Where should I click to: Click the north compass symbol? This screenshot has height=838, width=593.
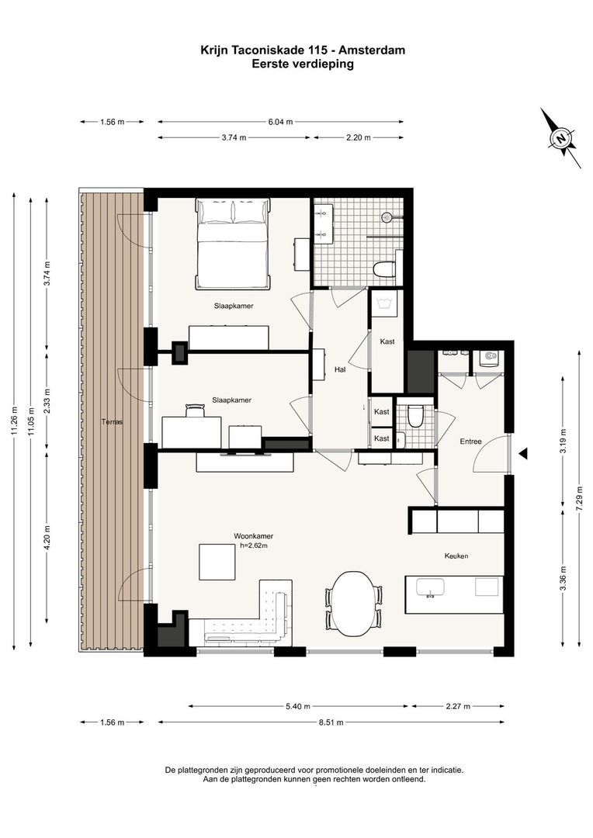point(560,138)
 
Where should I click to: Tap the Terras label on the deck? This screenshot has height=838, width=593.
point(113,421)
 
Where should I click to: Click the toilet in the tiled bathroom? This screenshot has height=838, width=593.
point(384,269)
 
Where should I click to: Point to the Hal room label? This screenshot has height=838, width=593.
point(339,369)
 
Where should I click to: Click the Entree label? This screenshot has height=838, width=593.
point(470,442)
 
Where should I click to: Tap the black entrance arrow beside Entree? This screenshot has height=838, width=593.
point(524,453)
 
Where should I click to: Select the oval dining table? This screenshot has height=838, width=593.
point(353,600)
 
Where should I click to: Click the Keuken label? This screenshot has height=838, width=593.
point(456,556)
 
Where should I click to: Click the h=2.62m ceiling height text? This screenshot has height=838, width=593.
point(254,545)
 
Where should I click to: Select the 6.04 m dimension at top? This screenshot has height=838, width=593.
point(280,122)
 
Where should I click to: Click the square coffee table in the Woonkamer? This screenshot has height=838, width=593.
point(217,561)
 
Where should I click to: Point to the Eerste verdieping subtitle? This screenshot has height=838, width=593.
point(303,64)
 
